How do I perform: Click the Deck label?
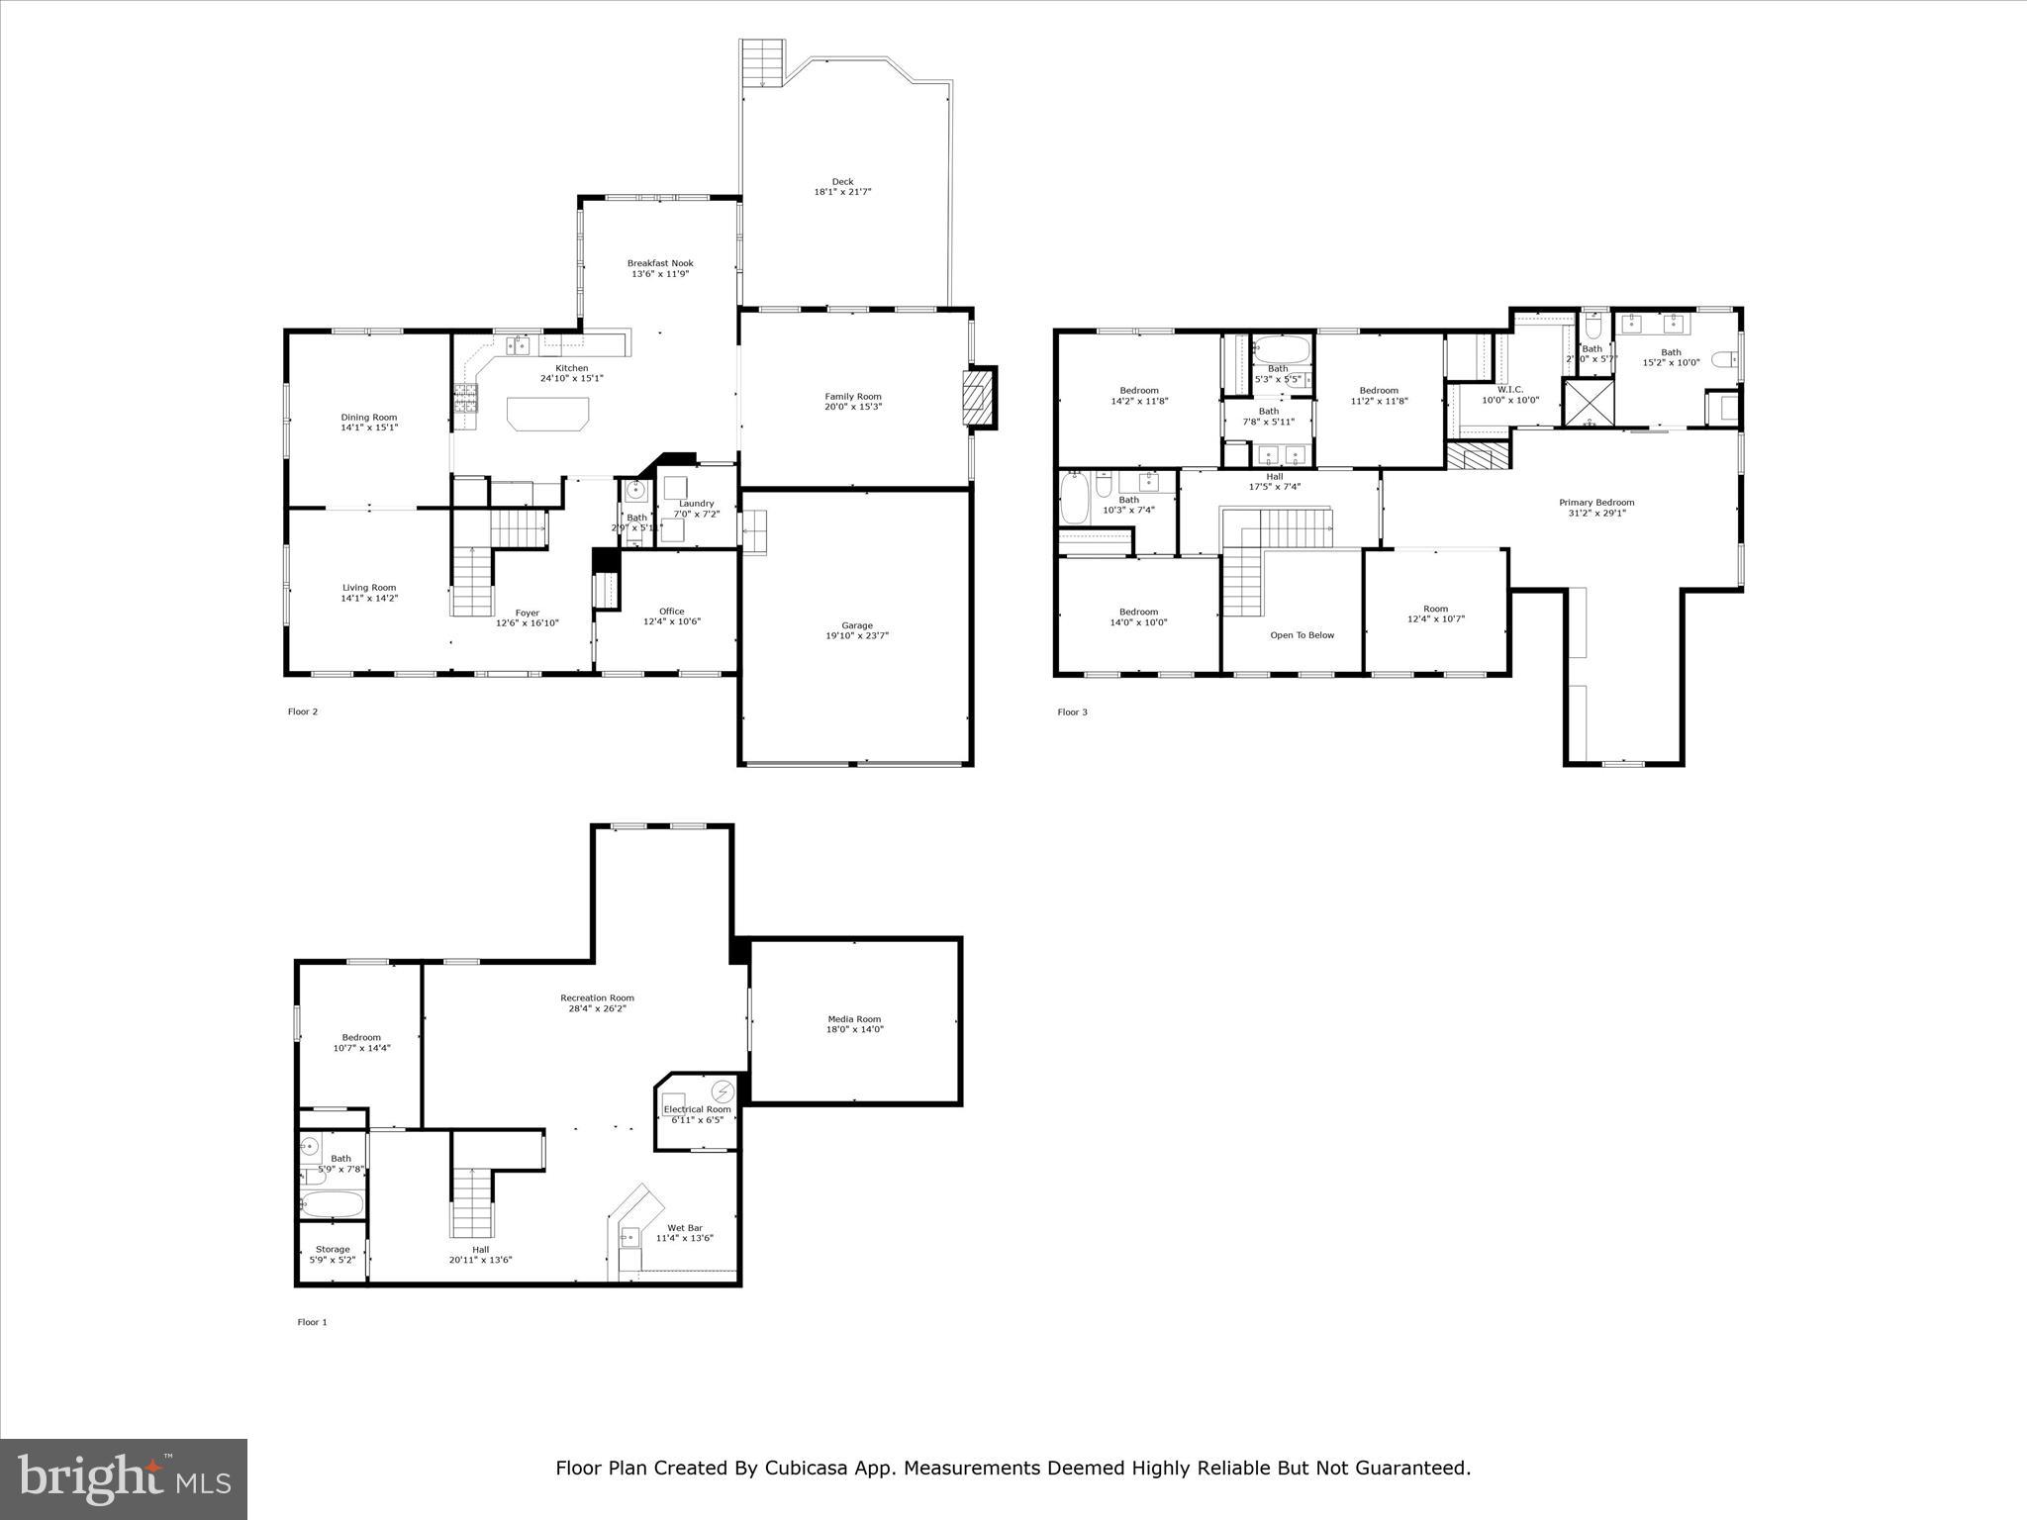tap(842, 182)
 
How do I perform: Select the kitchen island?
tap(547, 413)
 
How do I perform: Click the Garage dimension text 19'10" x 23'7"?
tap(857, 636)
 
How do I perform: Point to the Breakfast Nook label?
tap(660, 263)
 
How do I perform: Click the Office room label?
tap(671, 612)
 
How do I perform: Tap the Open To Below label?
tap(1302, 635)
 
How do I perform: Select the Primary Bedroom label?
tap(1596, 503)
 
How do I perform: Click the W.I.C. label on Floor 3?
tap(1509, 389)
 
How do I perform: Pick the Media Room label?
tap(854, 1019)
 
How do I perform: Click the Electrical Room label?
tap(697, 1109)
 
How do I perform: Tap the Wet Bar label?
tap(685, 1228)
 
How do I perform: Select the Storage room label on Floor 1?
tap(333, 1249)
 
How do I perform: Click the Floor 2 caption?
tap(303, 712)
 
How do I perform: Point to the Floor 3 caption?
tap(1072, 712)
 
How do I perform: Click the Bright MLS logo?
tap(124, 1479)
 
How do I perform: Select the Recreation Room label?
tap(597, 997)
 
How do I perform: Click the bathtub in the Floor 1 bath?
tap(334, 1204)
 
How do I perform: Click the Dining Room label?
tap(369, 418)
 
